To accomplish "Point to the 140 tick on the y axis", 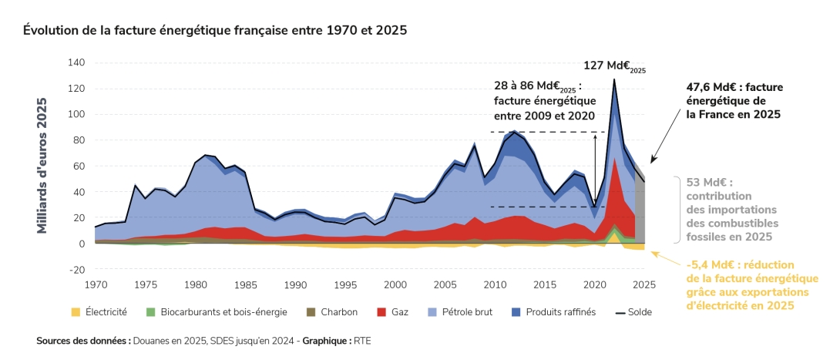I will [x=76, y=62].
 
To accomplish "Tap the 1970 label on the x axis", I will [x=96, y=284].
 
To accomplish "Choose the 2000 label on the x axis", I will [x=395, y=284].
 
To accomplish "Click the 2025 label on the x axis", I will [x=643, y=284].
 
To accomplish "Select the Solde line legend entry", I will [x=636, y=312].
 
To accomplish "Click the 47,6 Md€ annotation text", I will [x=734, y=100].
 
